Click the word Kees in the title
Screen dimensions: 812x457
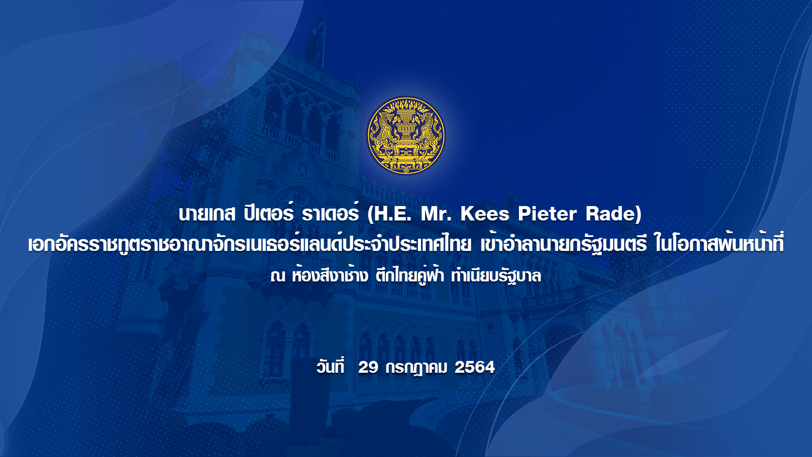click(x=485, y=214)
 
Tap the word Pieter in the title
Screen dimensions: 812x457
click(x=547, y=214)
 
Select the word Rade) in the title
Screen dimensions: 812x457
click(x=614, y=214)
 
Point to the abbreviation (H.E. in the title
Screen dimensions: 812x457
click(x=389, y=214)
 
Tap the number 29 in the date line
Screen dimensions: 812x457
click(x=368, y=367)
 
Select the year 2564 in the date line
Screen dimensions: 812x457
click(x=475, y=367)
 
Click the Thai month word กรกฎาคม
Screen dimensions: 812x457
click(x=416, y=368)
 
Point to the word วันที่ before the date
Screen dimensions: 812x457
click(x=330, y=366)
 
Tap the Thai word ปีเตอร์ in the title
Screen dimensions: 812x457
click(x=269, y=212)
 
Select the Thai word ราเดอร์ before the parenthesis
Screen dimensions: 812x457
click(x=330, y=212)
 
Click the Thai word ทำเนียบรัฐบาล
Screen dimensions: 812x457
click(x=496, y=275)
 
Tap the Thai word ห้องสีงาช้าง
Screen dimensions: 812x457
click(x=330, y=275)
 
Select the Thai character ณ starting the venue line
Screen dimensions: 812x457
click(x=278, y=276)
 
